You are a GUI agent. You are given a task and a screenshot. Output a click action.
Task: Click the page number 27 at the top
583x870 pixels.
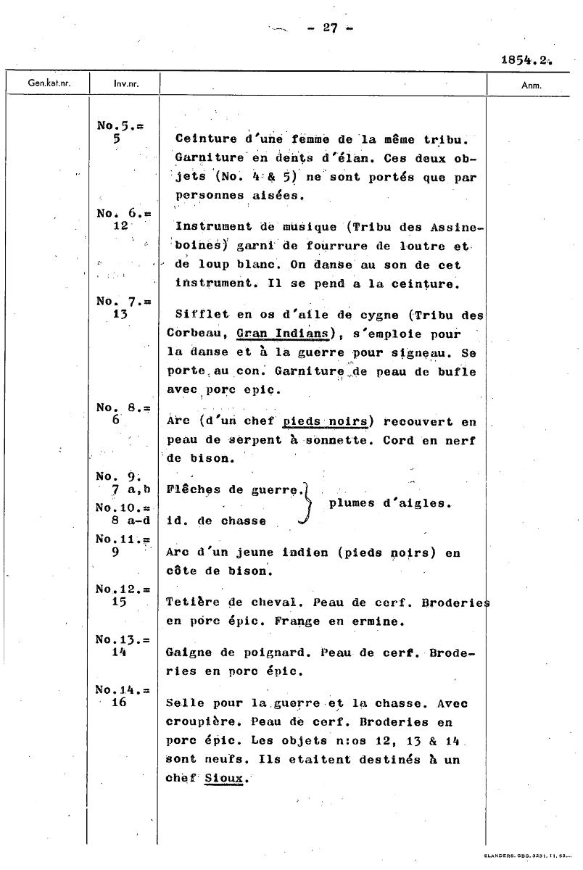pos(331,28)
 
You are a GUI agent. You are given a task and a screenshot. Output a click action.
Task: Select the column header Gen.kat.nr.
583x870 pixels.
pos(46,83)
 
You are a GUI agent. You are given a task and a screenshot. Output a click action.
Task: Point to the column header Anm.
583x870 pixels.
pos(532,85)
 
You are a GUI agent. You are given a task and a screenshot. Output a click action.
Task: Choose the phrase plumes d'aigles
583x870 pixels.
pos(390,504)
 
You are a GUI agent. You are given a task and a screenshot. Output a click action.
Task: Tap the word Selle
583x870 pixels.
pos(183,704)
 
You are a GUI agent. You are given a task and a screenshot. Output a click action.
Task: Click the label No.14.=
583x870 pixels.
pos(123,690)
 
